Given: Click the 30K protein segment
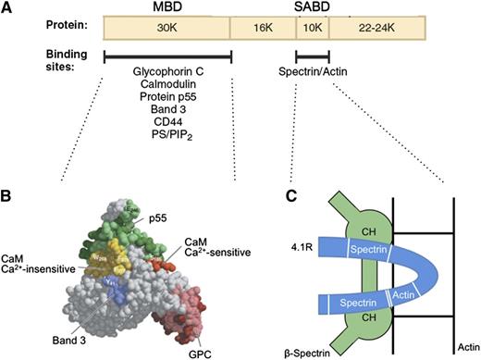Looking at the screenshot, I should click(x=166, y=27).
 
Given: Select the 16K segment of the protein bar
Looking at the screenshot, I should click(x=262, y=27).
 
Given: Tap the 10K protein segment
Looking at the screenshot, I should click(x=313, y=27).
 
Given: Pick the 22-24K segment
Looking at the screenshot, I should click(x=375, y=27).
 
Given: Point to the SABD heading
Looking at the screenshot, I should click(x=310, y=6).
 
